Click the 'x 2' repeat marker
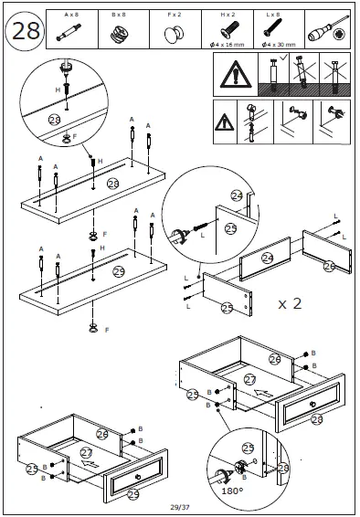(290, 302)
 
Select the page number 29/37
(180, 507)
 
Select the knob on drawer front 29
(137, 479)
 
